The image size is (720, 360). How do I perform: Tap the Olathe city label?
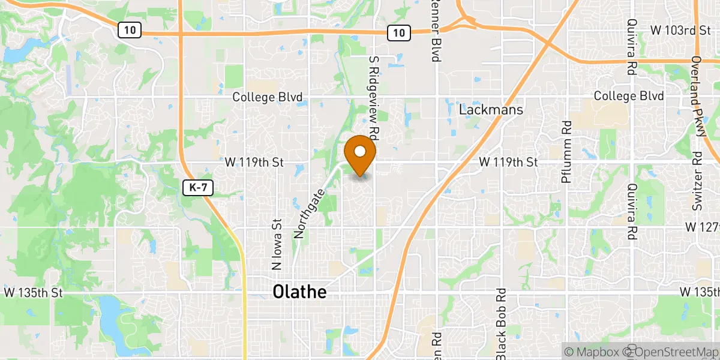pyautogui.click(x=300, y=292)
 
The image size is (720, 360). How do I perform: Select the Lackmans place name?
pyautogui.click(x=491, y=110)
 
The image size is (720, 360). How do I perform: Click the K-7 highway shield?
pyautogui.click(x=197, y=188)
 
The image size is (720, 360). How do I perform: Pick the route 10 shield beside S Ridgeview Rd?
pyautogui.click(x=398, y=34)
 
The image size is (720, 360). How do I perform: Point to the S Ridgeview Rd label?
pyautogui.click(x=373, y=97)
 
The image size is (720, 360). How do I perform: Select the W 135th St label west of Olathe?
pyautogui.click(x=34, y=293)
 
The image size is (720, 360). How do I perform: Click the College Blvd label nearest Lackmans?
pyautogui.click(x=629, y=96)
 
